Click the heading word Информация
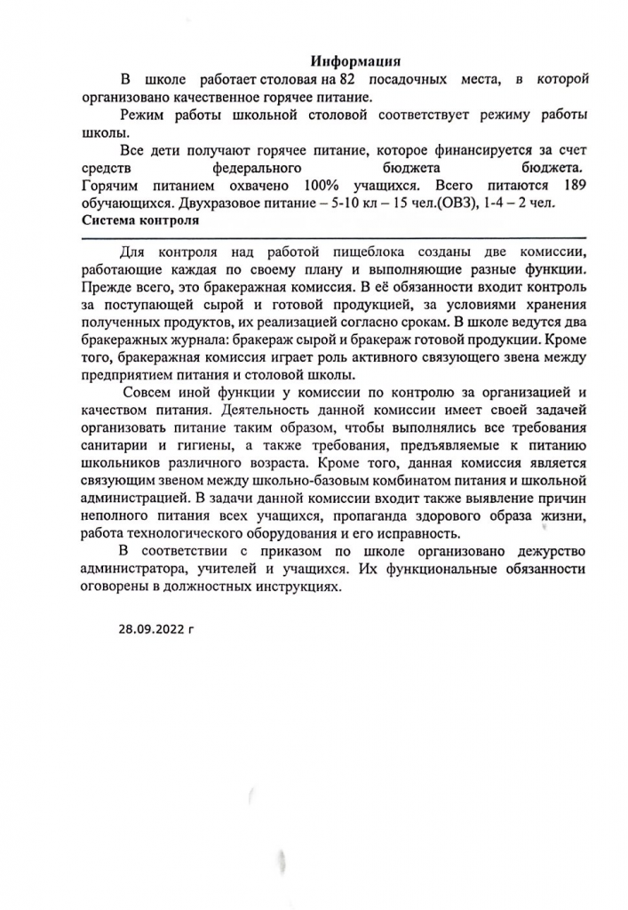(x=356, y=61)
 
